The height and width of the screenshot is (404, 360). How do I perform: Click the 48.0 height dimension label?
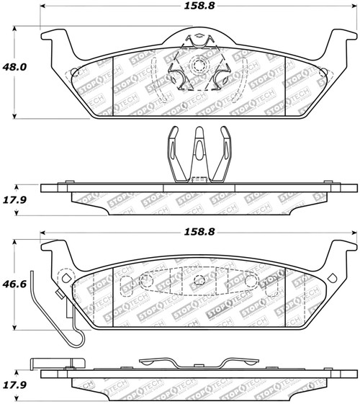(x=17, y=66)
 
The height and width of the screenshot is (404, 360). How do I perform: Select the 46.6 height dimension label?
(x=17, y=285)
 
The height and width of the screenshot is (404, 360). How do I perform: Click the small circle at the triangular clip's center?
(x=197, y=66)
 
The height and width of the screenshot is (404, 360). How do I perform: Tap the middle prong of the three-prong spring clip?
(x=197, y=144)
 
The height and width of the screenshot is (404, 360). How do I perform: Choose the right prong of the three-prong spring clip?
(x=225, y=148)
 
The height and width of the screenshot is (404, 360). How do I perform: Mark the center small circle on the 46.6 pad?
(x=197, y=280)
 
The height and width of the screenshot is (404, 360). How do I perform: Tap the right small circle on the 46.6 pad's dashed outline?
(x=250, y=280)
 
